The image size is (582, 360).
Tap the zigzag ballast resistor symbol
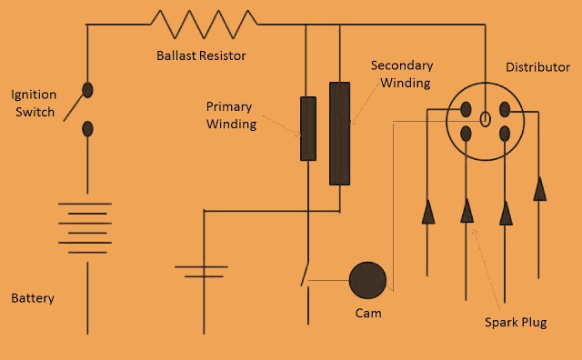(x=204, y=18)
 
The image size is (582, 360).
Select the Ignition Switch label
(x=35, y=103)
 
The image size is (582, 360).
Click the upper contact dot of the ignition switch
(x=88, y=89)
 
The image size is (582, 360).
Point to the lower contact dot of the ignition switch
(x=88, y=128)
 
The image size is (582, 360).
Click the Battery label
(x=33, y=298)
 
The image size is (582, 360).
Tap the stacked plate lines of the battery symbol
(x=86, y=228)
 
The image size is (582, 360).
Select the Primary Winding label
(x=232, y=114)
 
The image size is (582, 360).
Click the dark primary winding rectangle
(x=308, y=128)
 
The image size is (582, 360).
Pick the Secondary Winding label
(x=401, y=75)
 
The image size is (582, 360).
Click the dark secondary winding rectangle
(x=339, y=134)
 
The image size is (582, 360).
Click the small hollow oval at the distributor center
(x=486, y=117)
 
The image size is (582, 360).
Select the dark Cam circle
(x=368, y=281)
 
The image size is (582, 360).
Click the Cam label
(x=368, y=314)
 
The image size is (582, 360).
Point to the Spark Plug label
(x=516, y=323)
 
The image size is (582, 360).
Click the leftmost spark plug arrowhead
(x=428, y=212)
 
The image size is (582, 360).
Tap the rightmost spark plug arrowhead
(x=539, y=188)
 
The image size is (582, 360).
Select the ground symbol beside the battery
(x=200, y=271)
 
